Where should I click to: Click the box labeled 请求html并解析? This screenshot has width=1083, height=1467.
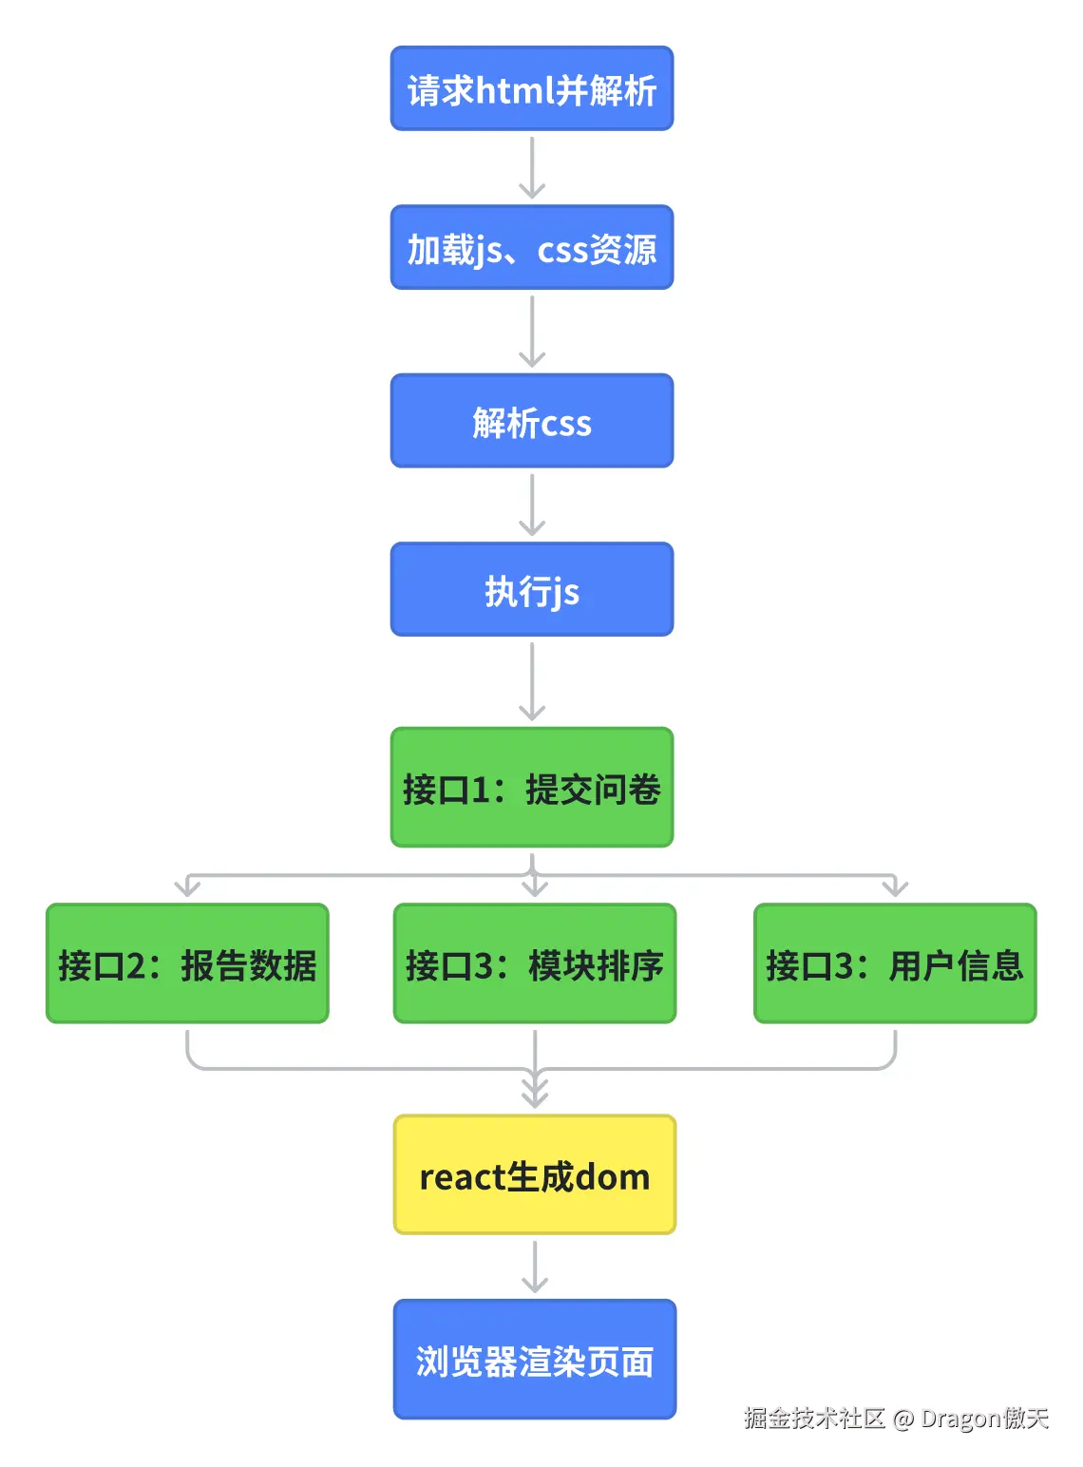click(x=531, y=88)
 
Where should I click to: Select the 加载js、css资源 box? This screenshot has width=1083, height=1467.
click(x=531, y=247)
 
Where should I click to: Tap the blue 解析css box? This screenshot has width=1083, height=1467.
click(x=531, y=420)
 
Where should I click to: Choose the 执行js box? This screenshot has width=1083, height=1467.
click(x=531, y=589)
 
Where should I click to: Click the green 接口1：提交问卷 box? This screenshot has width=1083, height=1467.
click(x=531, y=787)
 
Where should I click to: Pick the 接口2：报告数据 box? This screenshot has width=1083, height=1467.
click(x=187, y=962)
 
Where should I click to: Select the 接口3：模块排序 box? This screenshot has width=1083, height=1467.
click(x=534, y=962)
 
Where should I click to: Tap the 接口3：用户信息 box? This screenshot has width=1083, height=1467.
click(x=894, y=962)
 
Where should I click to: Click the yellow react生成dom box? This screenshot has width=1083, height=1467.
click(x=534, y=1174)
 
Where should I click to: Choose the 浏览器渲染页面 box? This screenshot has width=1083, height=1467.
click(x=534, y=1359)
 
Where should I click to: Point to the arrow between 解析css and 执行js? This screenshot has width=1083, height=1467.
click(x=531, y=504)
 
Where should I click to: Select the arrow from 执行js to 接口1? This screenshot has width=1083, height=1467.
click(x=531, y=680)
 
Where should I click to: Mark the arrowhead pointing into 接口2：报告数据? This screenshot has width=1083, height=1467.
click(x=187, y=887)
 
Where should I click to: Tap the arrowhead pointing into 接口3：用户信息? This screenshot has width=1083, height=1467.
click(x=894, y=887)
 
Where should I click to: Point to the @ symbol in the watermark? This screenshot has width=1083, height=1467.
click(x=902, y=1419)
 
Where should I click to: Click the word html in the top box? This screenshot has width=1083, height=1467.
click(x=514, y=89)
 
